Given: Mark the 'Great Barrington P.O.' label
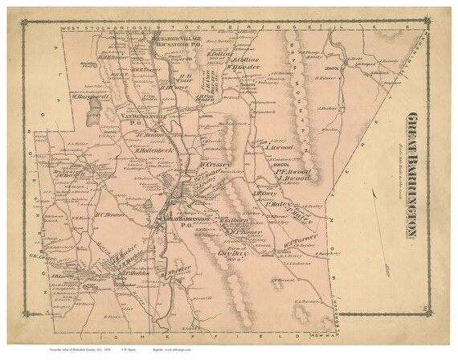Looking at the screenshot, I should [186, 221].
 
